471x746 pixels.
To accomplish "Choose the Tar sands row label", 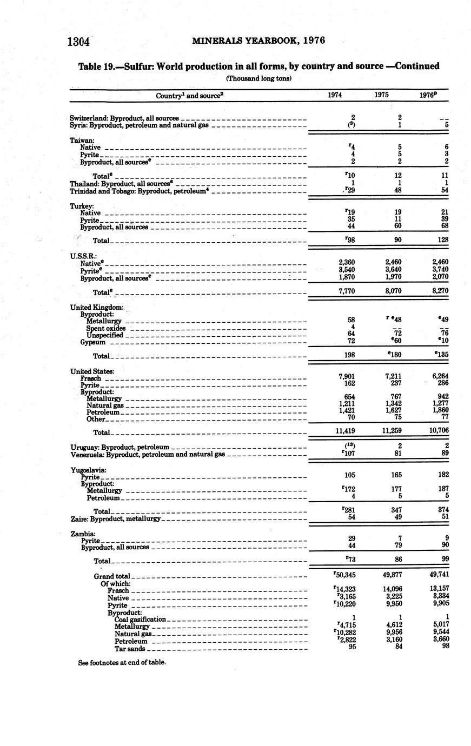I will tap(130, 649).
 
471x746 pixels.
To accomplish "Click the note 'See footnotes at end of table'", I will tap(122, 662).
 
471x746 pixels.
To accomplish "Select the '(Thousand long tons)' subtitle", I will tap(258, 78).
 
